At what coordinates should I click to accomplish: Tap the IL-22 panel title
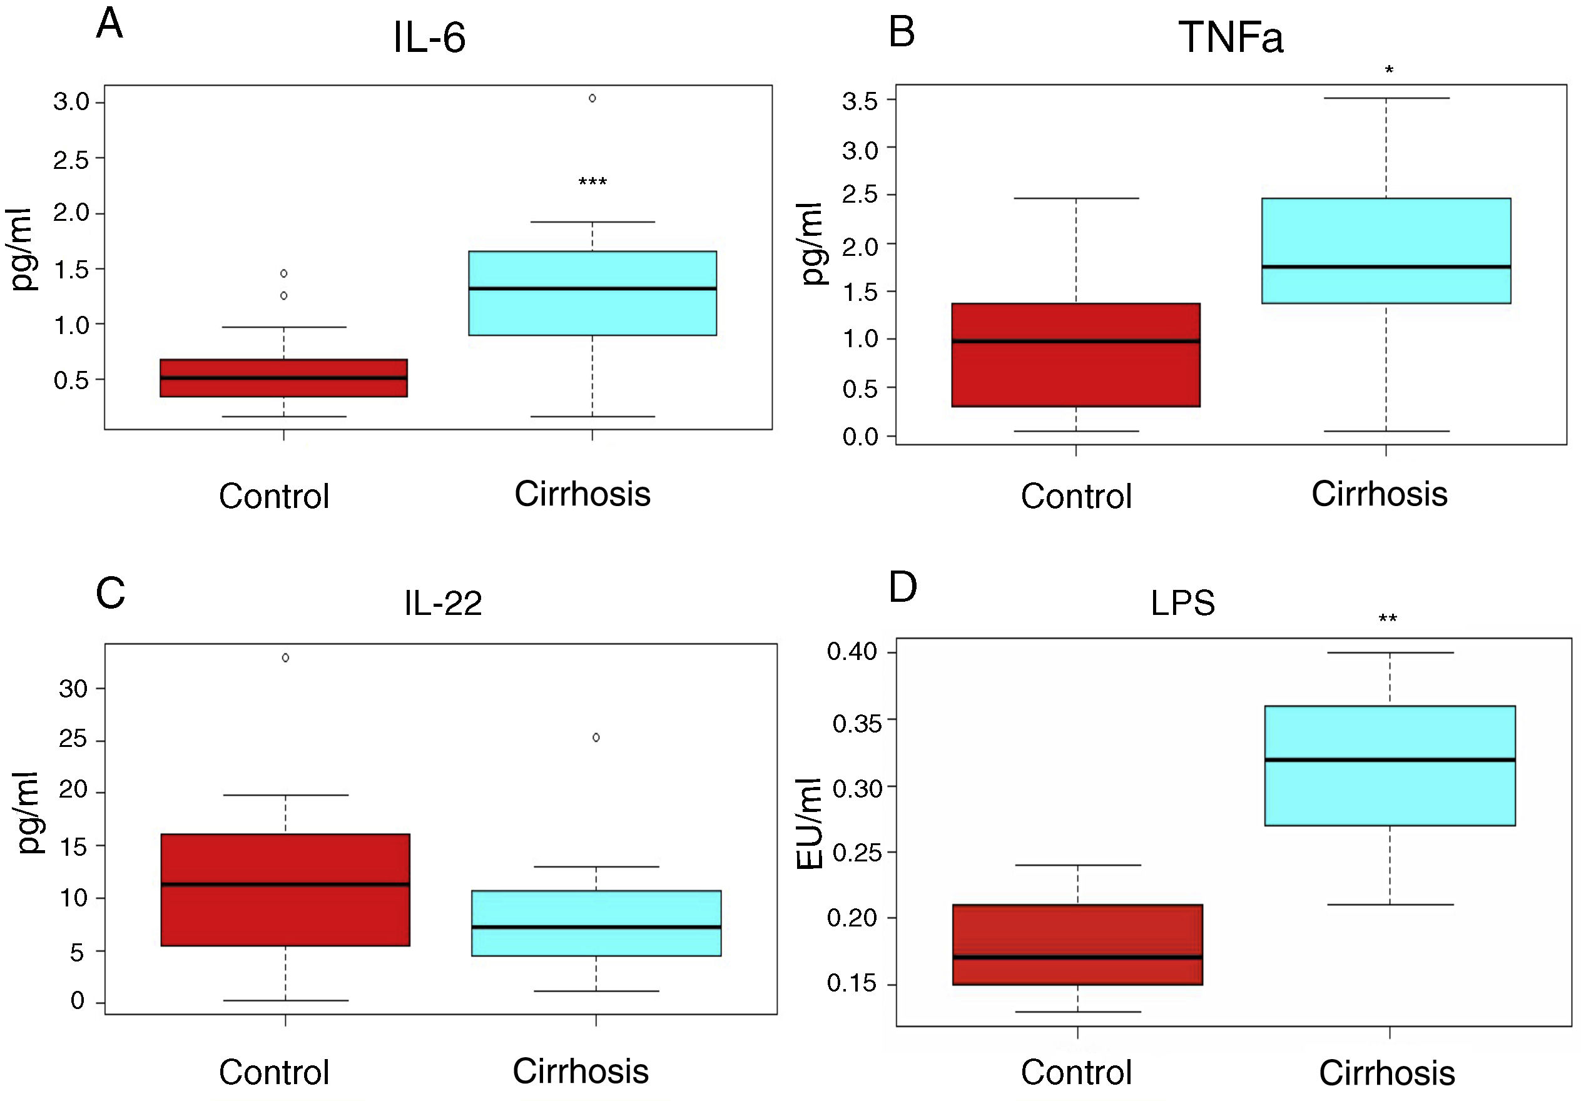[443, 603]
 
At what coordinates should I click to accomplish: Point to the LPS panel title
[1182, 603]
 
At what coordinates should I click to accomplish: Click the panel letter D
[903, 587]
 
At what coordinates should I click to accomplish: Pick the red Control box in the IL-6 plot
[283, 378]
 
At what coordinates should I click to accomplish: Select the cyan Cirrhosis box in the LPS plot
[1390, 765]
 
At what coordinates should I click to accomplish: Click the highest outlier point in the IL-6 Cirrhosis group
[592, 98]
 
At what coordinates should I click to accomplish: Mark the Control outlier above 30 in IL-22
[285, 657]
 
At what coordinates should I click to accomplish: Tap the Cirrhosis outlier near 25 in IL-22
[596, 738]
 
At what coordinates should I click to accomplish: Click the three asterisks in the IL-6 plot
[592, 183]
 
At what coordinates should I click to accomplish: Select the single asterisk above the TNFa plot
[1389, 70]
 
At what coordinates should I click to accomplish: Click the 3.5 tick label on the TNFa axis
[860, 102]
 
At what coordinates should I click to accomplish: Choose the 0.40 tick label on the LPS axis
[852, 651]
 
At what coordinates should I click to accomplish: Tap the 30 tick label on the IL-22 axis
[73, 689]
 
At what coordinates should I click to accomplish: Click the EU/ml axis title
[810, 823]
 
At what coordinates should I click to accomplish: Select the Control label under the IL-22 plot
[274, 1072]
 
